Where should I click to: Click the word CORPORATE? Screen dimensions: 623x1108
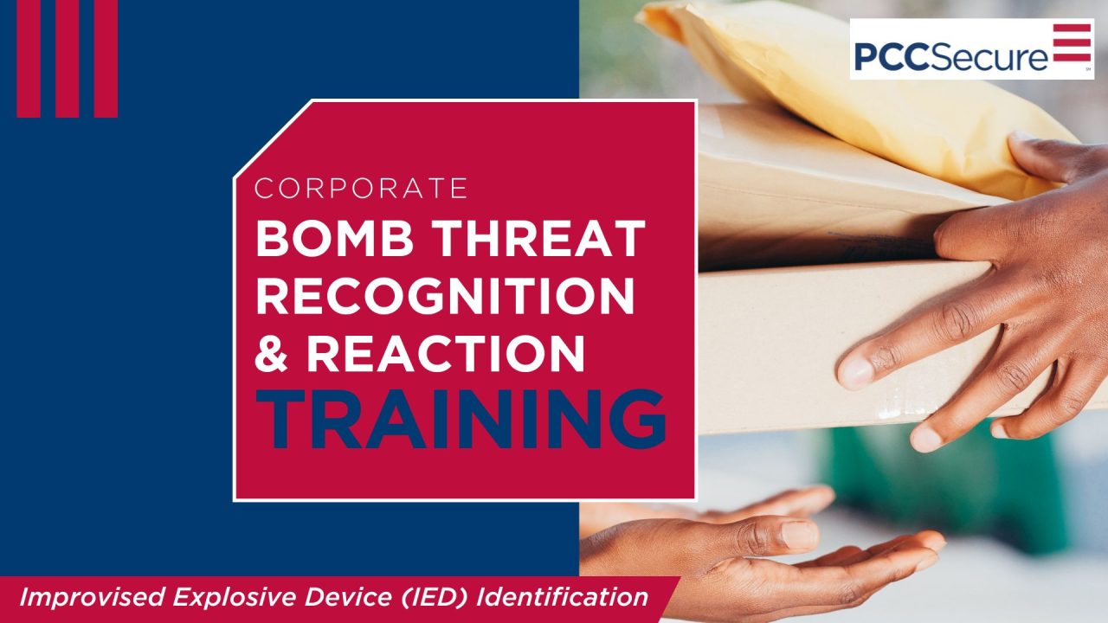pos(362,188)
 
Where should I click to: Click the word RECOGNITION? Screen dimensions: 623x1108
pos(445,295)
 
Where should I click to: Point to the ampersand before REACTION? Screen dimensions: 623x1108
pos(273,353)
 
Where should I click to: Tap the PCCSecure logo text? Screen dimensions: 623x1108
pos(950,56)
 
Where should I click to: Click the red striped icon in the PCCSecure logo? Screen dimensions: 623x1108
pos(1072,43)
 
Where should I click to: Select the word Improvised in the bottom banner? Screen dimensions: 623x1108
pos(91,597)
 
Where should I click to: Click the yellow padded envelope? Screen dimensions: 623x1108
pos(831,87)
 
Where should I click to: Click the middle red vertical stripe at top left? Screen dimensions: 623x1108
pos(68,58)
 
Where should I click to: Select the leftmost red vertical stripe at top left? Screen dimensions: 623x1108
pos(29,58)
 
